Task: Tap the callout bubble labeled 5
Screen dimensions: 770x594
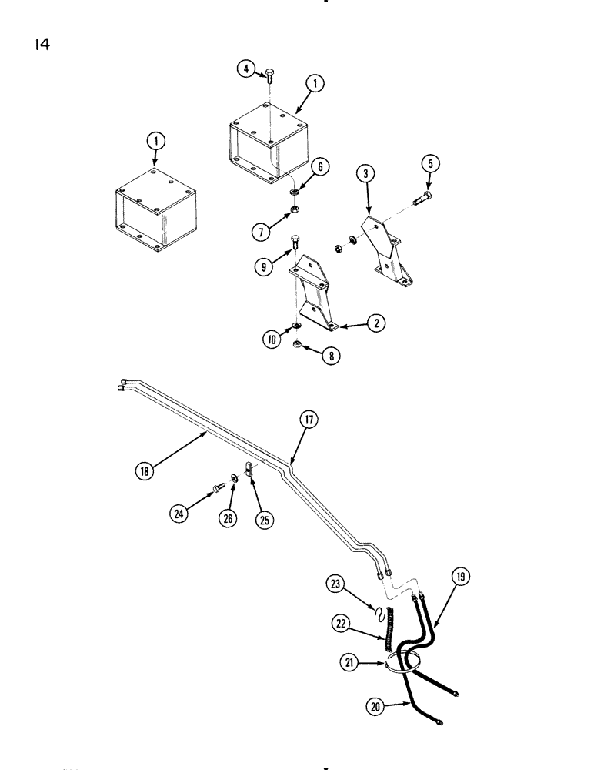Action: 430,162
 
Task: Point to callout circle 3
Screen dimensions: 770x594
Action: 368,175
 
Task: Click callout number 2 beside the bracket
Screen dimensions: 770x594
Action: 376,323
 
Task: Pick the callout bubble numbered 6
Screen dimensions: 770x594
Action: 321,166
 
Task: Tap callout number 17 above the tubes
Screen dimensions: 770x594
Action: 309,419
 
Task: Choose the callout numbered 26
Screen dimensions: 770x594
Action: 229,518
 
